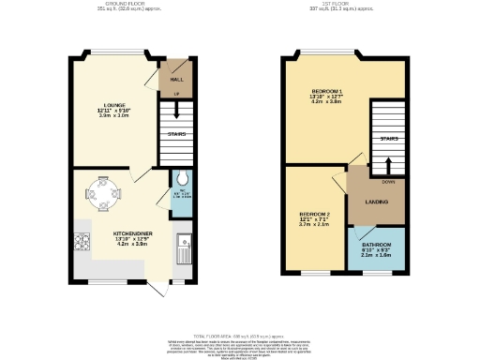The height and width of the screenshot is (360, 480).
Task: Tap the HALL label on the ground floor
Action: (x=175, y=80)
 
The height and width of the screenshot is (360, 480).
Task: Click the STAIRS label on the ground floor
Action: (x=176, y=134)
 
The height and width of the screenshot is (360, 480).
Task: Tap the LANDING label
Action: (x=377, y=202)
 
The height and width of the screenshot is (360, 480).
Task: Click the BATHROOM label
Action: (x=380, y=242)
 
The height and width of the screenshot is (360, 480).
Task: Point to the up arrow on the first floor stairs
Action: (x=389, y=161)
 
